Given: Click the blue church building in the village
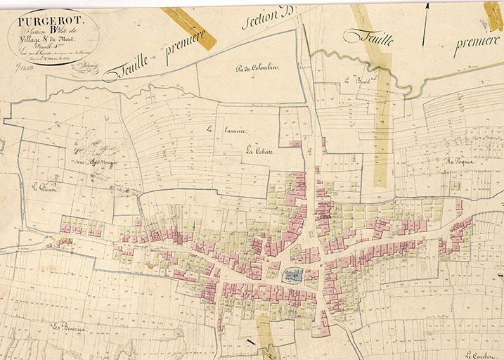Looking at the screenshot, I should tap(292, 275).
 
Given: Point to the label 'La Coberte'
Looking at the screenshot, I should tap(259, 151).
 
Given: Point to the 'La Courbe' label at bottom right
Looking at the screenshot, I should tap(480, 354).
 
